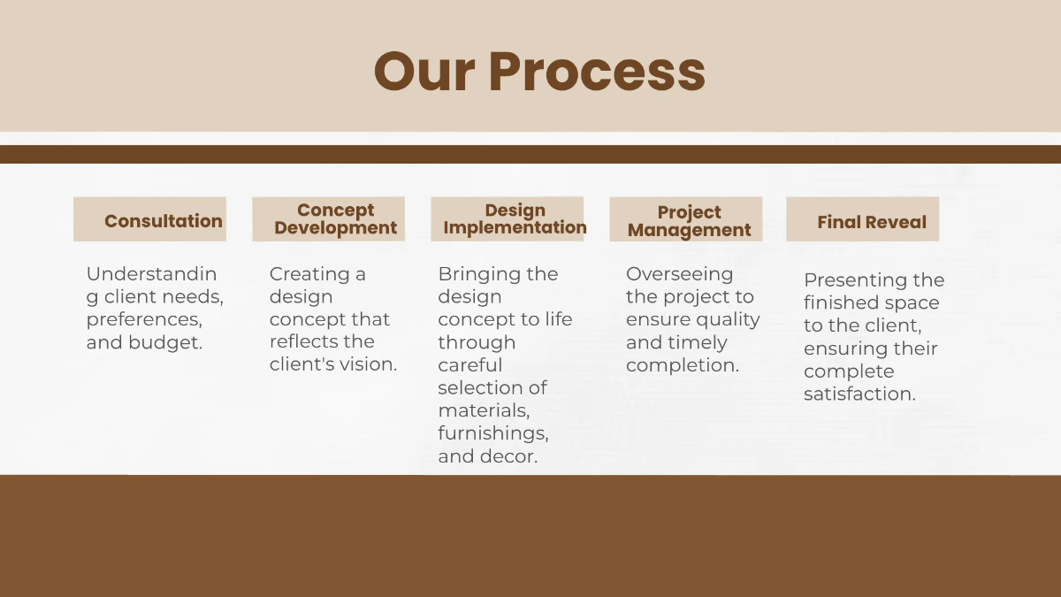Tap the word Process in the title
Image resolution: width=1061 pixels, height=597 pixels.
(x=597, y=72)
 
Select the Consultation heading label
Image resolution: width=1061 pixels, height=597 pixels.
(x=163, y=221)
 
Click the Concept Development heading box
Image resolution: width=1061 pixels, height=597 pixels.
(x=335, y=219)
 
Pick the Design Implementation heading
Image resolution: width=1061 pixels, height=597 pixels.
(x=515, y=219)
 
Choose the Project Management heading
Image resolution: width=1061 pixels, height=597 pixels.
(x=689, y=221)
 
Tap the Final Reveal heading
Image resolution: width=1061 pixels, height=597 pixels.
(x=871, y=222)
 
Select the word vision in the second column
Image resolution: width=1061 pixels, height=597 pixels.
(x=370, y=364)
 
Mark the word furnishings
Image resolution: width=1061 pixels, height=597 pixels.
(x=492, y=433)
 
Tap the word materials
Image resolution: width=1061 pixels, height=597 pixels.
(x=484, y=410)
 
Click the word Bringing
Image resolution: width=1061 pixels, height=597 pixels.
(x=479, y=274)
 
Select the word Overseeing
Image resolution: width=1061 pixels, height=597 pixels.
(x=679, y=274)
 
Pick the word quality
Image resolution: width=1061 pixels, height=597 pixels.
(x=729, y=319)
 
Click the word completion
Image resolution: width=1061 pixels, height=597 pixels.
(x=682, y=365)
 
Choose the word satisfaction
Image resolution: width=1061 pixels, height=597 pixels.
(x=859, y=394)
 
